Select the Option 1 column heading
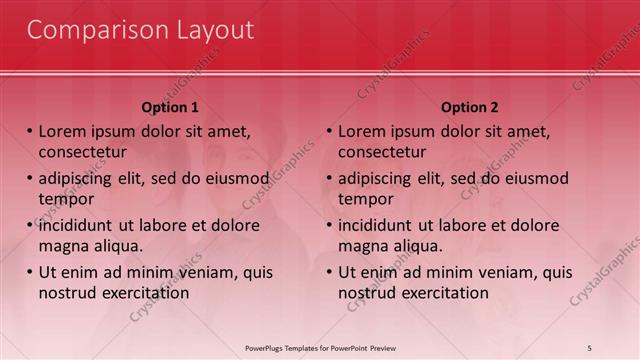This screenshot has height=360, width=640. click(170, 107)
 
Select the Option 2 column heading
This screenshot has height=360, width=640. click(470, 107)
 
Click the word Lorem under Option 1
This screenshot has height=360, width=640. click(63, 132)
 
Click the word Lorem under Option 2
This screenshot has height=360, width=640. click(363, 132)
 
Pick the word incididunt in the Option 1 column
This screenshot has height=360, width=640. click(78, 225)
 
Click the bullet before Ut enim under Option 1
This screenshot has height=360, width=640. click(30, 272)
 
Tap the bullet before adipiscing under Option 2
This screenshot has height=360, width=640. click(330, 179)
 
